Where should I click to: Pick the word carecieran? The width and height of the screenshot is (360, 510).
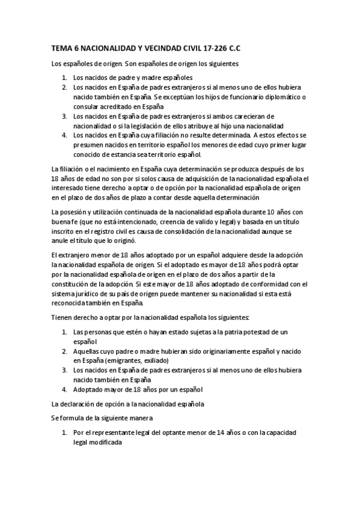pyautogui.click(x=249, y=116)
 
